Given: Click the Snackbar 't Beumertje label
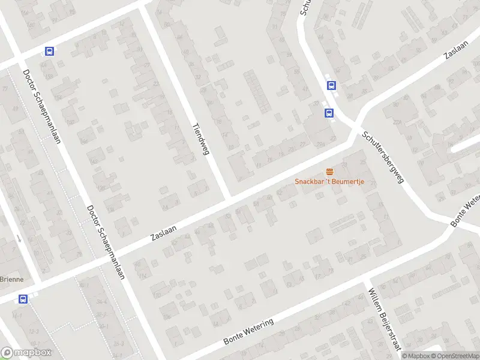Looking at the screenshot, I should tap(329, 182).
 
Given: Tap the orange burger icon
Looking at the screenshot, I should tap(329, 172).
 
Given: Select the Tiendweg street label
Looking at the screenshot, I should tap(199, 139).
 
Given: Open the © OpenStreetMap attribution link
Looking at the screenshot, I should tap(454, 356).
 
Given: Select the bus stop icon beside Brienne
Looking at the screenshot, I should tap(23, 299).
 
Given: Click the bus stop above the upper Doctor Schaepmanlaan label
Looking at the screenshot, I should tap(49, 52).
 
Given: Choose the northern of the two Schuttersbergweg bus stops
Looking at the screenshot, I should tap(331, 86).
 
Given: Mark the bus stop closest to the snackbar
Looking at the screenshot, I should tap(328, 112).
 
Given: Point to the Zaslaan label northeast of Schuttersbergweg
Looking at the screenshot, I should tap(455, 50).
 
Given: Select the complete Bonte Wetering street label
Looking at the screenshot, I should tap(248, 331).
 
